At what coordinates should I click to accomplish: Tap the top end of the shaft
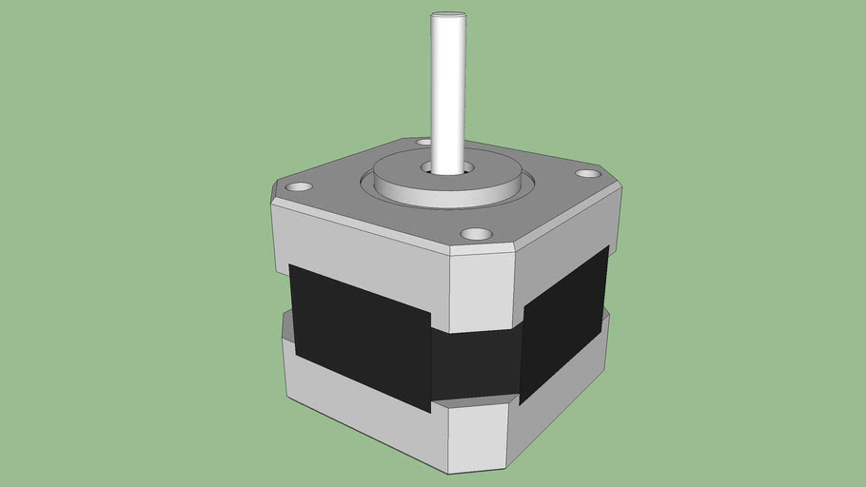(x=447, y=15)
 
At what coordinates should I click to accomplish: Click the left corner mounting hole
(x=298, y=187)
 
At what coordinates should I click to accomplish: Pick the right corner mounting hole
(x=588, y=173)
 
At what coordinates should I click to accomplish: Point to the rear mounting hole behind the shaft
(x=423, y=142)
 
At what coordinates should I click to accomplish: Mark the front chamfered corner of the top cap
(x=481, y=290)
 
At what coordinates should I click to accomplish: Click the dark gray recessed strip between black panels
(x=476, y=366)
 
